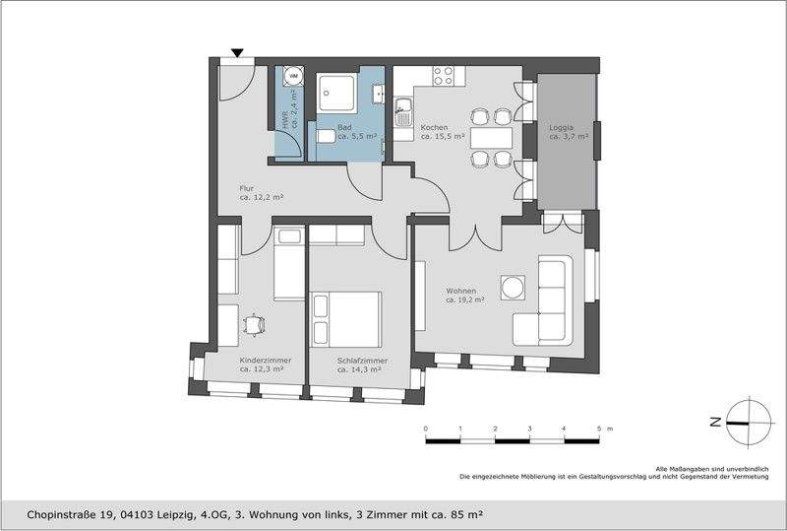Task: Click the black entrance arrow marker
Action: [237, 53]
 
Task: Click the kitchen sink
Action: [403, 111]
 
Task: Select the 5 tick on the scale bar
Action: [598, 430]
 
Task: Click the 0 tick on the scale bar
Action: [425, 430]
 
